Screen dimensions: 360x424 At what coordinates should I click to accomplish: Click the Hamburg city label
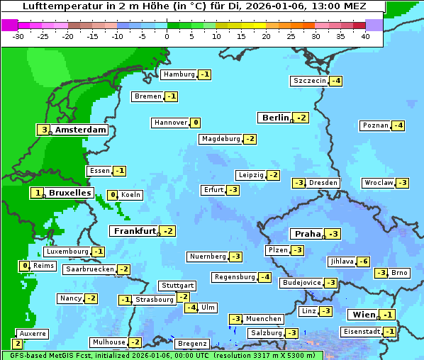coord(179,74)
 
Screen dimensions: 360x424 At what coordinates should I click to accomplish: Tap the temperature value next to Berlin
coord(302,118)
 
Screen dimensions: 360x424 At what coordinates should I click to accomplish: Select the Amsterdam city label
coord(80,130)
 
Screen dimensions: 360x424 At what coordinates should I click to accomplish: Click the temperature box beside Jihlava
coord(363,261)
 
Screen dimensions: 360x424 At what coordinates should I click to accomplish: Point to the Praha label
coord(308,234)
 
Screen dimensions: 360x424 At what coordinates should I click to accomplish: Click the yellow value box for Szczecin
coord(336,81)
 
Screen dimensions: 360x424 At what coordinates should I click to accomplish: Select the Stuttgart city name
coord(177,286)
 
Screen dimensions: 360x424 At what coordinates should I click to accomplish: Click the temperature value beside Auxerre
coord(17,343)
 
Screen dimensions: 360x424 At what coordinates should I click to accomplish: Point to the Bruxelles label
coord(69,193)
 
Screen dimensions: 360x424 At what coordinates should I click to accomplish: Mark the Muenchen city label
coord(264,319)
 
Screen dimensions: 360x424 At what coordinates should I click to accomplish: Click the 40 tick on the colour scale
coord(365,35)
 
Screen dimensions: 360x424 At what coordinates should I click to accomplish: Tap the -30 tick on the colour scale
coord(18,35)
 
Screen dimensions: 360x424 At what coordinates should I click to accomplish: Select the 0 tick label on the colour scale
coord(167,35)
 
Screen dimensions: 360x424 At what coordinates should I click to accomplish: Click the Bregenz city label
coord(191,344)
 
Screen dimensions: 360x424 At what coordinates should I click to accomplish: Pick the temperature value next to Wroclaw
coord(402,183)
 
